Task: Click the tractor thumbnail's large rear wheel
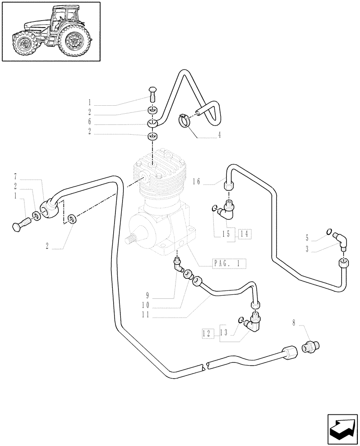pos(74,41)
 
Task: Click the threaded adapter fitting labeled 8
pos(311,347)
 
